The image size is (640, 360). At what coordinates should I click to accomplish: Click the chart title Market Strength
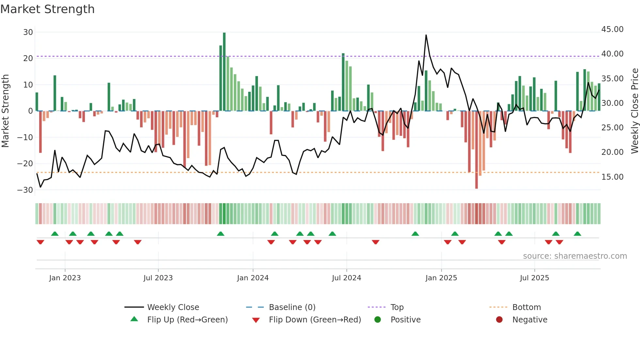(x=47, y=9)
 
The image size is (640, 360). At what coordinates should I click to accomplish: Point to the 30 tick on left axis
(x=28, y=32)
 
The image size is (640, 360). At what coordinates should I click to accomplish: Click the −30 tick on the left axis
(x=25, y=190)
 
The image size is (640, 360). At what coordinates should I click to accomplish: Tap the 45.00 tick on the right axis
(x=612, y=29)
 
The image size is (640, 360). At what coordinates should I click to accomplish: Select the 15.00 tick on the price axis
(x=612, y=177)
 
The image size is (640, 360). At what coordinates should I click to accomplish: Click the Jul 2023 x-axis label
(x=158, y=278)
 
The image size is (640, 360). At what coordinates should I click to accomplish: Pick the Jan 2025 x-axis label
(x=441, y=278)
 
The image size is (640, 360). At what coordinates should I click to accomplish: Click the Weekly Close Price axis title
(x=634, y=111)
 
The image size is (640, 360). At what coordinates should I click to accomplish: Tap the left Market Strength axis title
(x=6, y=111)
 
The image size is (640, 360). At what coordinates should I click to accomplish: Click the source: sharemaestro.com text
(x=575, y=256)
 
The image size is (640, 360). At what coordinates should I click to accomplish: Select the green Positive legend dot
(x=378, y=320)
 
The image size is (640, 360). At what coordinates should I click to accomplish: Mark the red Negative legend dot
(x=499, y=320)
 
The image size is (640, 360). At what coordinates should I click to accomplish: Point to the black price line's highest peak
(x=426, y=35)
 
